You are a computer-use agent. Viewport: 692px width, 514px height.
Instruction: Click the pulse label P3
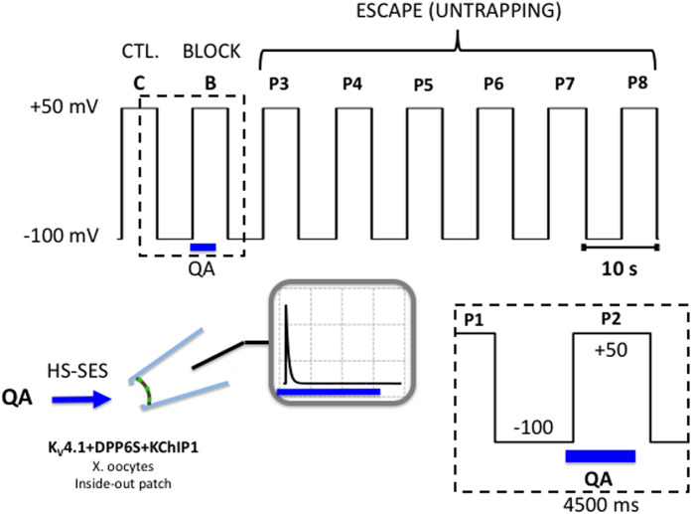[x=280, y=83]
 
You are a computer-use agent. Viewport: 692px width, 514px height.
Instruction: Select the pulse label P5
[x=424, y=83]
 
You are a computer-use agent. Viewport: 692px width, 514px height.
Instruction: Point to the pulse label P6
[x=493, y=83]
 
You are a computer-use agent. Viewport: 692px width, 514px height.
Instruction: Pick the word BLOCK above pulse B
[x=211, y=51]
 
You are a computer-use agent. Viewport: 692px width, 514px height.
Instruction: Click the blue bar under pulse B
[x=204, y=246]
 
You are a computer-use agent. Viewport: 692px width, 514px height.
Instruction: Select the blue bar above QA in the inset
[x=600, y=455]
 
